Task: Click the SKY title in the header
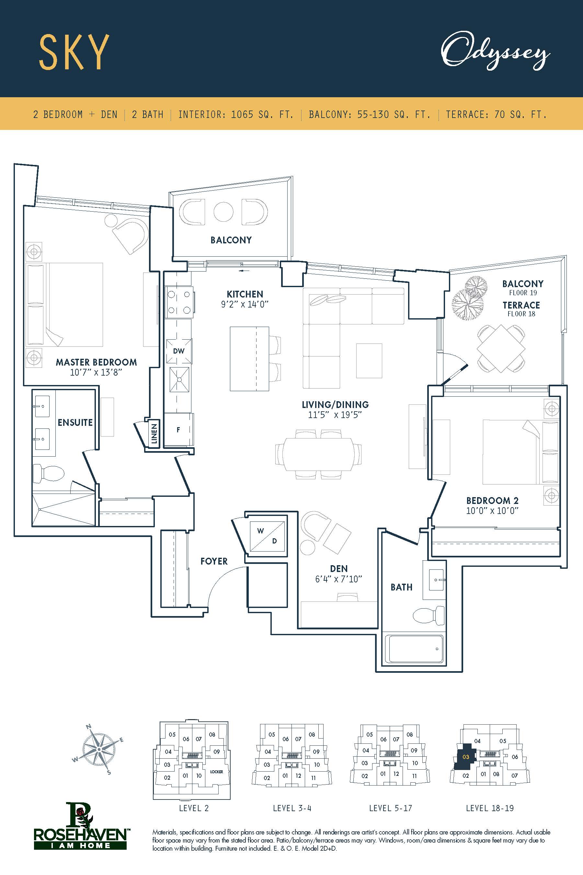[x=74, y=52]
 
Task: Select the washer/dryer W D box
[x=267, y=536]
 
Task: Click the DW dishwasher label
[x=178, y=351]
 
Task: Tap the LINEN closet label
[x=154, y=434]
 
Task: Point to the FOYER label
[x=214, y=561]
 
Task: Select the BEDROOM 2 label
[x=492, y=500]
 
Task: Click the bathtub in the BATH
[x=414, y=649]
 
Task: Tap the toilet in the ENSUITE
[x=48, y=474]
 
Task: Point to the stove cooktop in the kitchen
[x=179, y=302]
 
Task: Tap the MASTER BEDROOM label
[x=96, y=362]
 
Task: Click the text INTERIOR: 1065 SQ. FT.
[x=236, y=114]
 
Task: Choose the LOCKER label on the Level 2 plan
[x=216, y=772]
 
